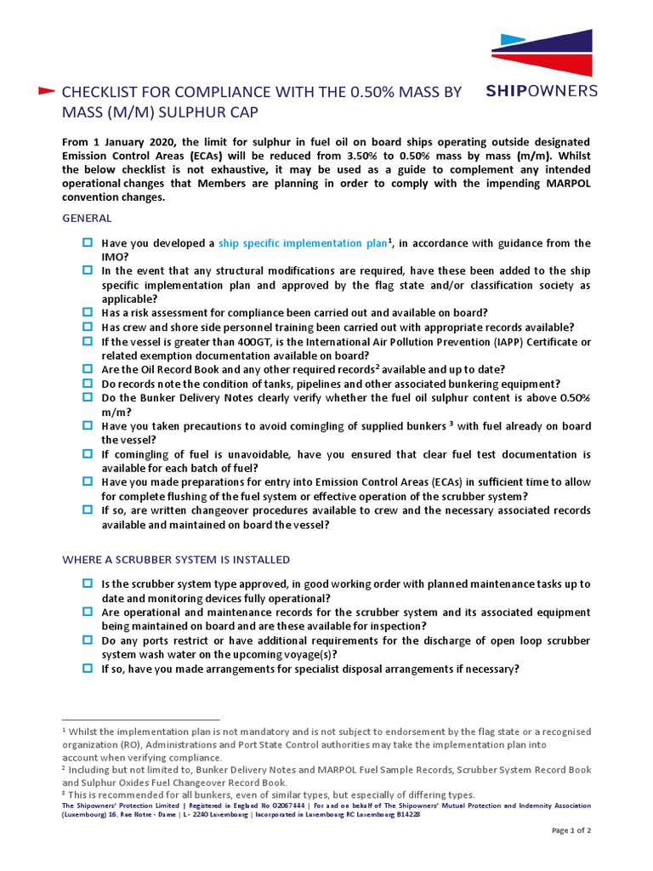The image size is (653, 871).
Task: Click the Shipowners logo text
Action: [541, 90]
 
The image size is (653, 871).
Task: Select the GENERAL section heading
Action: [87, 219]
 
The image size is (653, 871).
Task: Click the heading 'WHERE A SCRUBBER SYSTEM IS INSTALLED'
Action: [176, 560]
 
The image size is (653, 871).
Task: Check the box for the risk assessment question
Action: [87, 312]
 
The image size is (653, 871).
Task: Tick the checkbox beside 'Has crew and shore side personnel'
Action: [87, 327]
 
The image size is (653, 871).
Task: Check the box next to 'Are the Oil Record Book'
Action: [87, 368]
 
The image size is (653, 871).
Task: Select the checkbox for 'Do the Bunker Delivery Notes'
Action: [87, 396]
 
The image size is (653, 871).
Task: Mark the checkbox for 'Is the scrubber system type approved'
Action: [87, 584]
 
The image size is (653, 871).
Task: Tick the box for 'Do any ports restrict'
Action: [87, 640]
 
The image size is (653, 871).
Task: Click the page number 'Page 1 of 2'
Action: [571, 830]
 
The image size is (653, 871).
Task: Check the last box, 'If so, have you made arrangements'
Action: [87, 669]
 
